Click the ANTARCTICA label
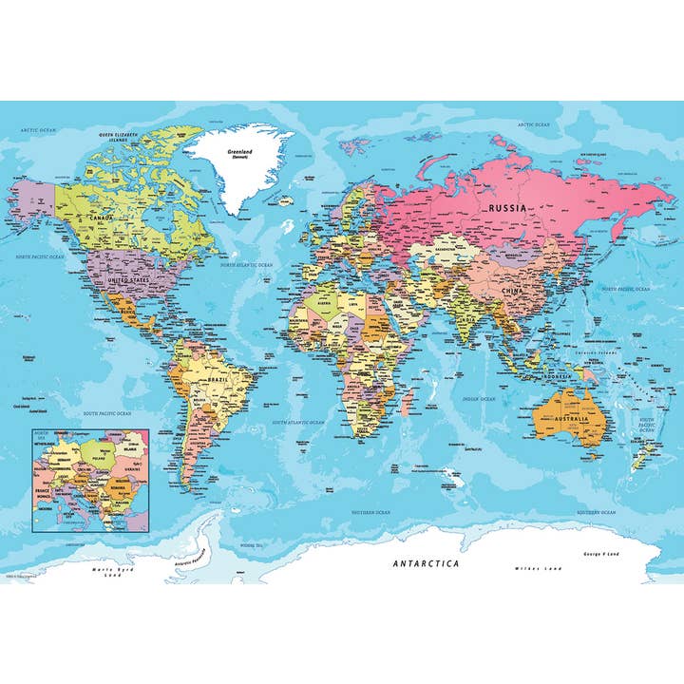click(426, 562)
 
